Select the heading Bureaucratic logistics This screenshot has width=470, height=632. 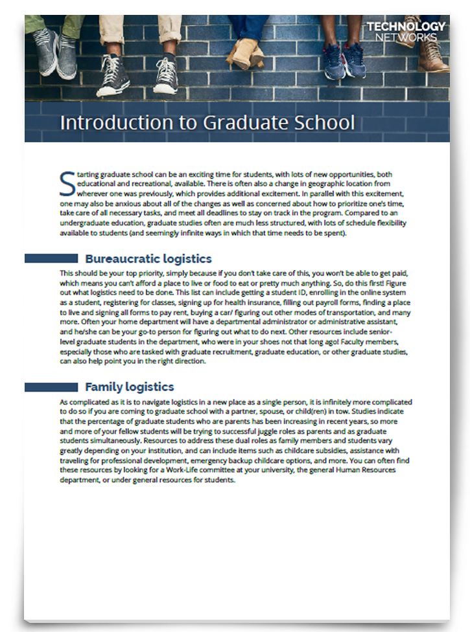[148, 259]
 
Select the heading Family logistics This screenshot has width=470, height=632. [129, 387]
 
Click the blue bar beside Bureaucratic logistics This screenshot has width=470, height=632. [51, 259]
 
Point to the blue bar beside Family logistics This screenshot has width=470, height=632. [51, 387]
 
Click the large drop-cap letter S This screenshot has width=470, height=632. [67, 183]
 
